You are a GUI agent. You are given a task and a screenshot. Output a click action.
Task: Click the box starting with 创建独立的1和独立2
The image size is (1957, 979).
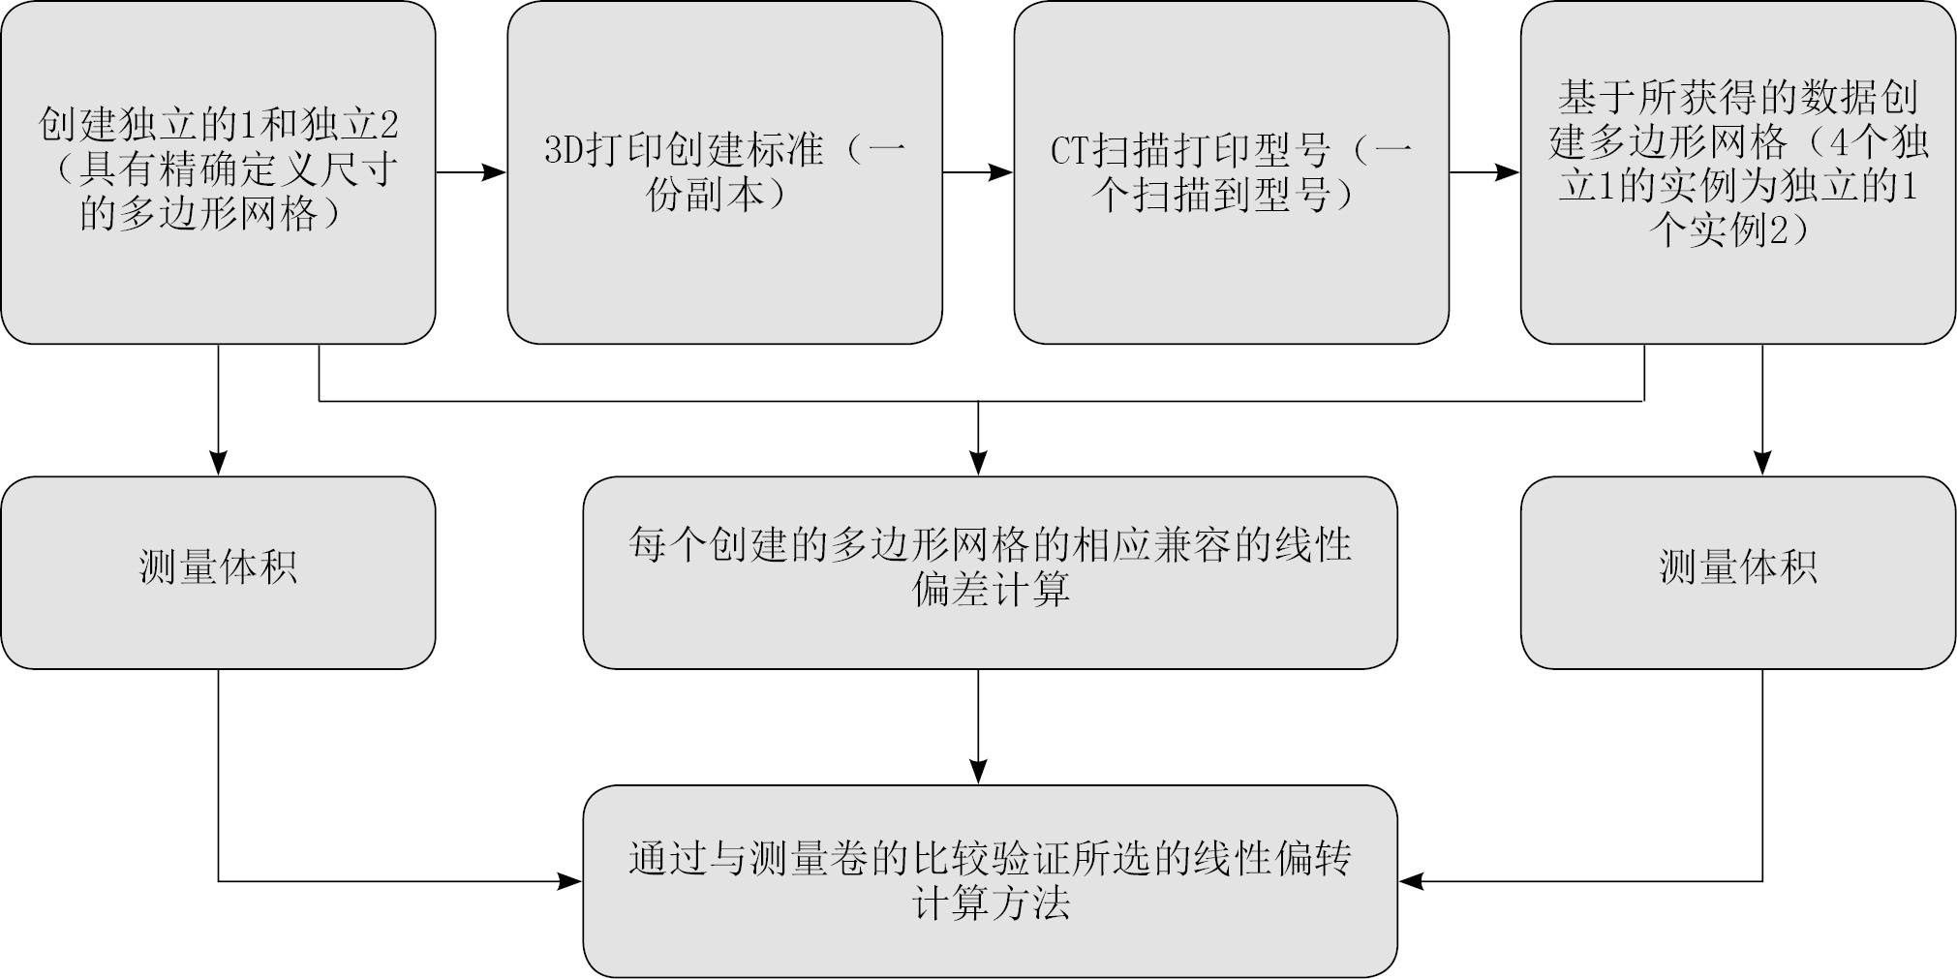218,172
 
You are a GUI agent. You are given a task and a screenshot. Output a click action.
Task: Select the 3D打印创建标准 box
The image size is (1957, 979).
724,172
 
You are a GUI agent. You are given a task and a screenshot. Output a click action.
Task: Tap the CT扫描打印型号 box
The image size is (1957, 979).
1231,172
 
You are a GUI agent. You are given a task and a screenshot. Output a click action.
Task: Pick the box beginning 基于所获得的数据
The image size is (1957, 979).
1737,172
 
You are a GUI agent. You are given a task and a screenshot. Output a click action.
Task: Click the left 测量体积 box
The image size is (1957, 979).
218,571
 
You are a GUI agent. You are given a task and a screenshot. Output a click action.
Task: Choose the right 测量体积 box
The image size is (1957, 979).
1737,571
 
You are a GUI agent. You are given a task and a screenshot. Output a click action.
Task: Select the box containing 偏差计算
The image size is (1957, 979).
990,571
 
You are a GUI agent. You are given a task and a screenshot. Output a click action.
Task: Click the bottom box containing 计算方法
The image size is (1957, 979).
990,880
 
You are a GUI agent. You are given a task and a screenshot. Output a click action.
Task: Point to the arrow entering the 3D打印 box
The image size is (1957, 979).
495,172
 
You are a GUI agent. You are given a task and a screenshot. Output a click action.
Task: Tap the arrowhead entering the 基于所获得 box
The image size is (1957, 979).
1508,172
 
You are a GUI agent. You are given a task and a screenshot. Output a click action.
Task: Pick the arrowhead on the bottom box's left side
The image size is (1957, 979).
570,881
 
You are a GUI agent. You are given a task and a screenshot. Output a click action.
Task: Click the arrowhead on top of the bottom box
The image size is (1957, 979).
978,772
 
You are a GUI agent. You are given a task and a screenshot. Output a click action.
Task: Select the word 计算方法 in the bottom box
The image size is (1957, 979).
990,904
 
